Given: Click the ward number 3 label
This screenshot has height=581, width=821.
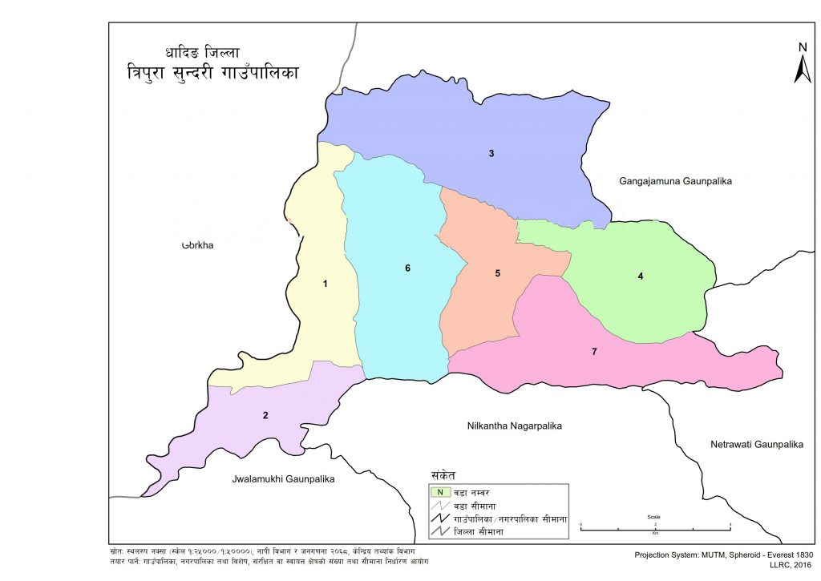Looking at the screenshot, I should point(491,153).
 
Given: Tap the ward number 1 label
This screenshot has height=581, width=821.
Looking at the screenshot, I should point(325,284).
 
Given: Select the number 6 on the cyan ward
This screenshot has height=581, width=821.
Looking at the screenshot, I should point(407,268).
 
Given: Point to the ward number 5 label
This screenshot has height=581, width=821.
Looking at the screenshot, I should point(497,273).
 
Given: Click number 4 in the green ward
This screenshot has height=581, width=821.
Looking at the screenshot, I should point(641,276).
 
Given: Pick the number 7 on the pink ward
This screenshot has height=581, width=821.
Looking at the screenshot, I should point(594,352).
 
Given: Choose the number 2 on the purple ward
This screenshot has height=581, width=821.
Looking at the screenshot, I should point(265,415).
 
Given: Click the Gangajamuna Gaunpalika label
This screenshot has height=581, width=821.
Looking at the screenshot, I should point(675,182).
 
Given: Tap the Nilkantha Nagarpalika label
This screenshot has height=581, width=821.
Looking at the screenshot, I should point(514,426).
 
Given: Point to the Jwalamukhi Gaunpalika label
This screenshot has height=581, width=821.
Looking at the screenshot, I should point(282,478).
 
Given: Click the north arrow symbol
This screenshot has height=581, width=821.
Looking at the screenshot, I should point(802,64).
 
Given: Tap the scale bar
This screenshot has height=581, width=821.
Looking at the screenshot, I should point(655,525).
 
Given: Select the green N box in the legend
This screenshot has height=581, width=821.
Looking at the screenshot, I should point(439,492).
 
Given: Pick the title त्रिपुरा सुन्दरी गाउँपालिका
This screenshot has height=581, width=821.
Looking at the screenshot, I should point(212,73).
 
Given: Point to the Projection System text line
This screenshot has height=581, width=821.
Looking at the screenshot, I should point(723,555).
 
